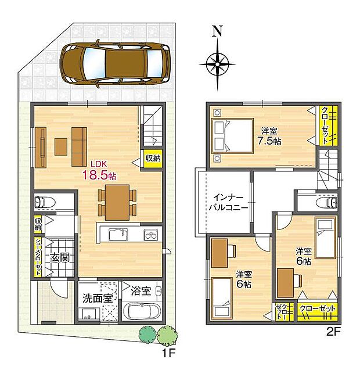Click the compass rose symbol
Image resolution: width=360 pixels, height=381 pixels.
tap(217, 61)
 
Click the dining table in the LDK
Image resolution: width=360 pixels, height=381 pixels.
tap(117, 201)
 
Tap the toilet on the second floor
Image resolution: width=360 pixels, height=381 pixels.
tap(327, 202)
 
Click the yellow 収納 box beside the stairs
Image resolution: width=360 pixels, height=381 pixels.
tap(153, 158)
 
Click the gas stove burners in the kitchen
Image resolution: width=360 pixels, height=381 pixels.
tap(150, 235)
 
